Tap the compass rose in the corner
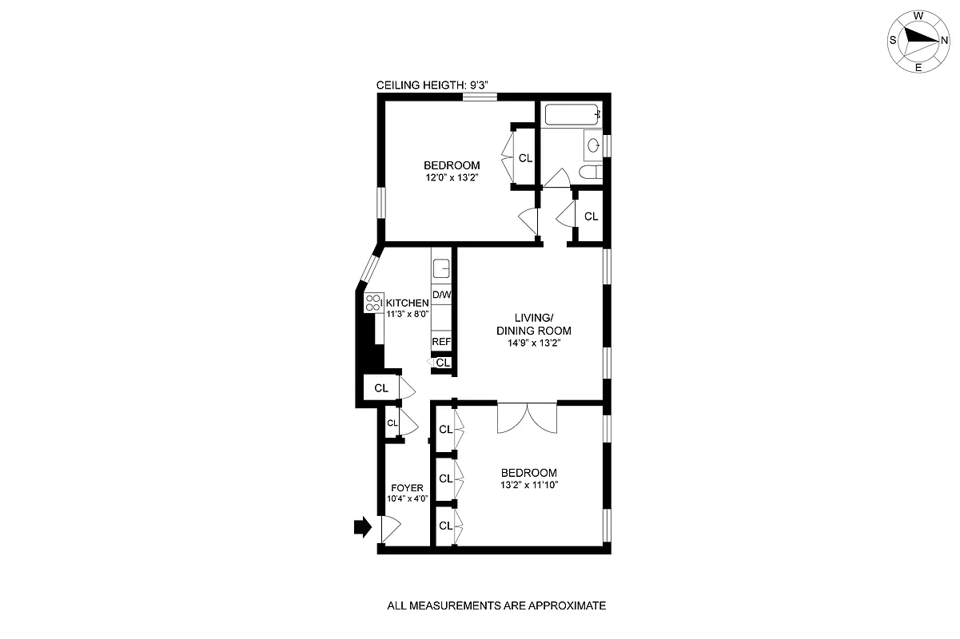[918, 39]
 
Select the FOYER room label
[406, 488]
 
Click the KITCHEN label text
[408, 304]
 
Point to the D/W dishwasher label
[441, 295]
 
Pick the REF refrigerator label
[441, 341]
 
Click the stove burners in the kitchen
[373, 303]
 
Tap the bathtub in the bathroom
[572, 116]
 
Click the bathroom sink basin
[593, 145]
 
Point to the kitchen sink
[441, 267]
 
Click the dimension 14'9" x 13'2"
[533, 343]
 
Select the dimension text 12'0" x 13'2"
[452, 178]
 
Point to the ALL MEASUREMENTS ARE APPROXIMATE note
[496, 605]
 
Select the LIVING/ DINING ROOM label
[533, 324]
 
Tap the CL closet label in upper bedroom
[525, 158]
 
